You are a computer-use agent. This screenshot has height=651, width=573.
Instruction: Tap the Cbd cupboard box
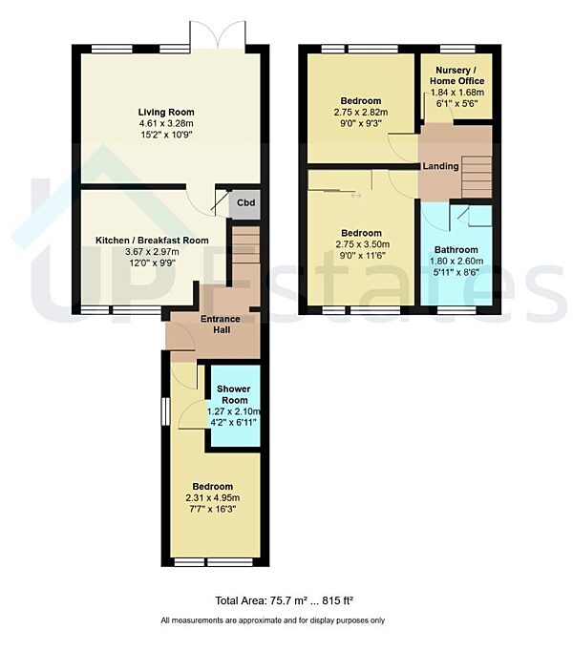click(245, 202)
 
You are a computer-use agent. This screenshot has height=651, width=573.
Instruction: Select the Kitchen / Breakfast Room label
click(152, 240)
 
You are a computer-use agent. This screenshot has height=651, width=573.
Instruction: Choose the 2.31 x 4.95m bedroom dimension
click(212, 497)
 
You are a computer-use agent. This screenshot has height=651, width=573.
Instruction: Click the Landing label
click(442, 166)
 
